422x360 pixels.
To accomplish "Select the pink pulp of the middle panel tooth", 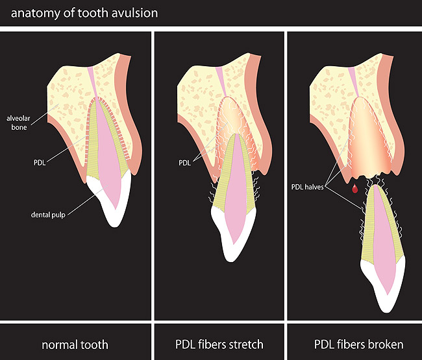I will point(236,182).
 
